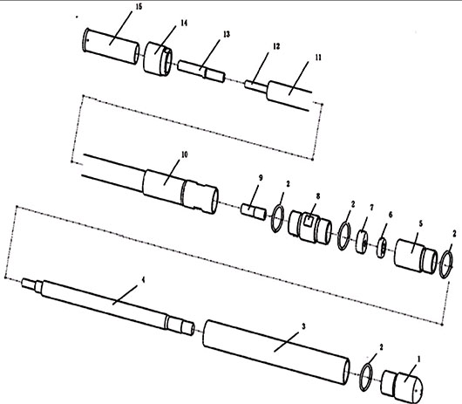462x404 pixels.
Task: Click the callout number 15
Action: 139,7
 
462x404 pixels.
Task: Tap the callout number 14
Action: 184,23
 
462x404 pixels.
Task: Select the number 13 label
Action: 227,34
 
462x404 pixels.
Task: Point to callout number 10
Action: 185,154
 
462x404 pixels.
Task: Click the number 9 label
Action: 261,178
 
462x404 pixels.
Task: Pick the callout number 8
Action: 318,196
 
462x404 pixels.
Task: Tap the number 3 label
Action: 303,326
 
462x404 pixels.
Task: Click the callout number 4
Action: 144,279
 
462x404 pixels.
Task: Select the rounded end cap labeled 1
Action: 402,387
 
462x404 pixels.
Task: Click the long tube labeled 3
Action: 276,353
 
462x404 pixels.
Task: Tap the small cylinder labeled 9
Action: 254,211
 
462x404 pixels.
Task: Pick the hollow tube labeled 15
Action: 111,45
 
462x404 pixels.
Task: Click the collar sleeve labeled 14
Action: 158,58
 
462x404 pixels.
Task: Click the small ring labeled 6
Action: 382,248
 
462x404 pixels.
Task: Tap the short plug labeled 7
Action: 362,242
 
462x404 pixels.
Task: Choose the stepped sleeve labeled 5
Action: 416,257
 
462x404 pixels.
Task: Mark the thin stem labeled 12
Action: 255,86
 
